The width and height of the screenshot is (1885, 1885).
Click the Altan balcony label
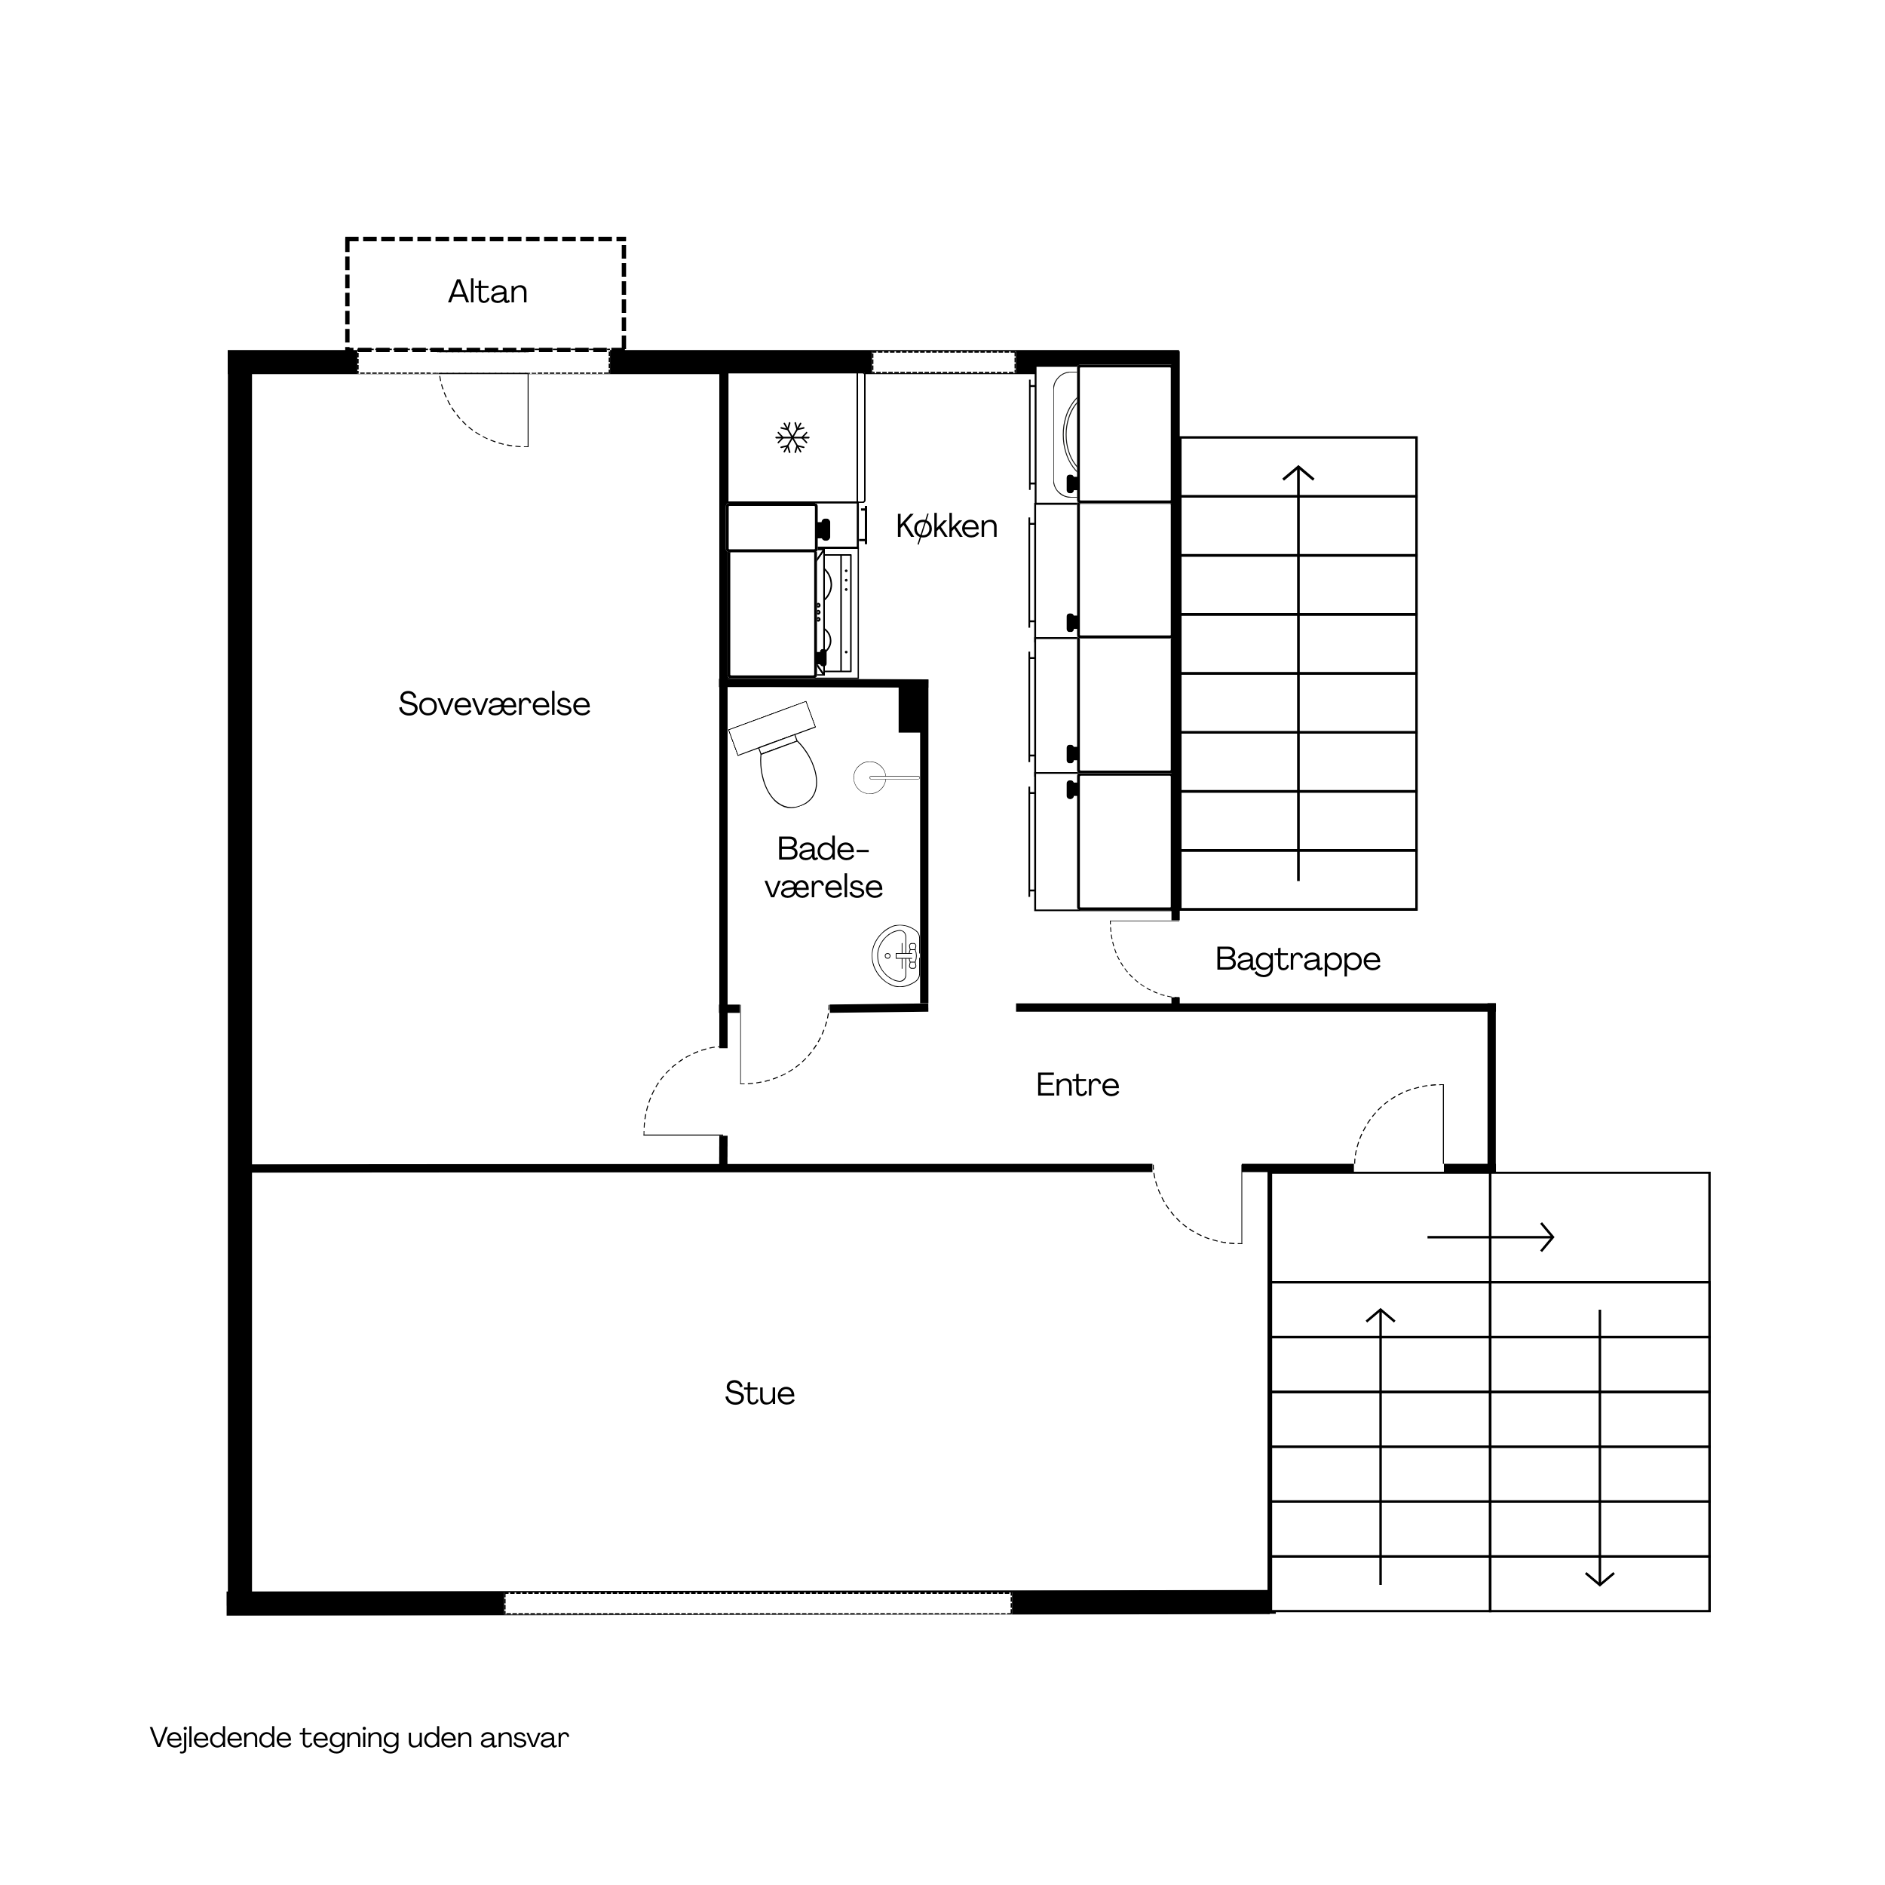click(488, 292)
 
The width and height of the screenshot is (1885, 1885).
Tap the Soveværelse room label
click(495, 703)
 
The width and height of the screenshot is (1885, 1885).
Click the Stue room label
click(759, 1393)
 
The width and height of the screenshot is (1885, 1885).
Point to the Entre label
click(1077, 1085)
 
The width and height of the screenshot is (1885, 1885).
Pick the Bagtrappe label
click(1298, 960)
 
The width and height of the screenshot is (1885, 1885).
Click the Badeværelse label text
click(823, 867)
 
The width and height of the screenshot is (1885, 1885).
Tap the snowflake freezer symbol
click(792, 437)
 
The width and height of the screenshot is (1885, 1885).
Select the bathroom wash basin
click(897, 956)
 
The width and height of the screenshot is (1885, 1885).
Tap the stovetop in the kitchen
click(837, 613)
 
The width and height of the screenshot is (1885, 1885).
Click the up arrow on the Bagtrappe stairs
click(1298, 673)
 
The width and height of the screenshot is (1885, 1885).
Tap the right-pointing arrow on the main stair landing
click(1490, 1237)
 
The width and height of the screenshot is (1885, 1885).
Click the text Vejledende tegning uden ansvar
click(359, 1739)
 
